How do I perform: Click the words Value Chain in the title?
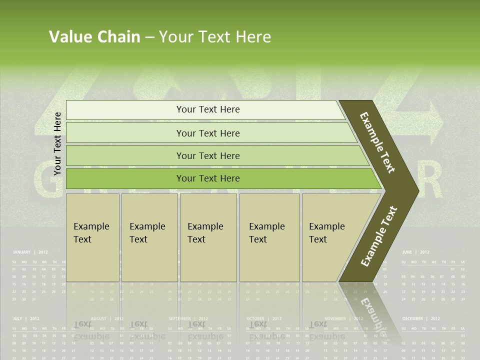tap(94, 37)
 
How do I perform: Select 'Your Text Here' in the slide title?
tap(215, 37)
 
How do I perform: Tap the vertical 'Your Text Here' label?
tap(57, 143)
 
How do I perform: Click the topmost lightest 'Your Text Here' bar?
tap(208, 109)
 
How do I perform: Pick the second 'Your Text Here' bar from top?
tap(208, 133)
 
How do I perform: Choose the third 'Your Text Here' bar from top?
tap(208, 155)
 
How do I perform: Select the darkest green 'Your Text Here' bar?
tap(208, 178)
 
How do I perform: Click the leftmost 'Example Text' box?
tap(92, 237)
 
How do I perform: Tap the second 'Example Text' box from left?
tap(149, 237)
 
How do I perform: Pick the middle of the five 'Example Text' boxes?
tap(208, 237)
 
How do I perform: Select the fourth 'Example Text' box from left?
tap(269, 237)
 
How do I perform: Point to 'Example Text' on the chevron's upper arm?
tap(378, 142)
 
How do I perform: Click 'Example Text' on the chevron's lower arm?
tap(379, 236)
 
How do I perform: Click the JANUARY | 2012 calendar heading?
tap(30, 252)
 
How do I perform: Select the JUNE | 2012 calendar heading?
tap(415, 252)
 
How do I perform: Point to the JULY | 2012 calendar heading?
tap(26, 318)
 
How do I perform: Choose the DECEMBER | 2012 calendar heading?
tap(421, 318)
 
